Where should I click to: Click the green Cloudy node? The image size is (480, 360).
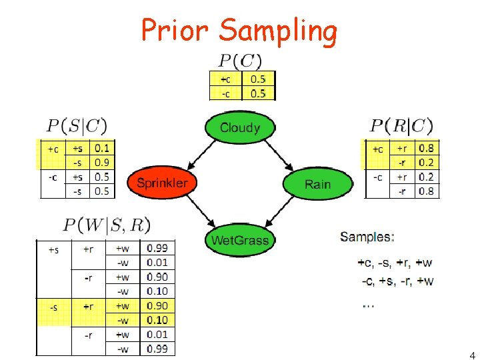pos(239,127)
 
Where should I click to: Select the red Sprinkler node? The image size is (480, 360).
pos(162,183)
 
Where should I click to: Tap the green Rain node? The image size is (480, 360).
pos(317,183)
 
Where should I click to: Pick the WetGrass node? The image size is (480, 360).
pos(239,239)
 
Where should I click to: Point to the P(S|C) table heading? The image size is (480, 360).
pos(77,125)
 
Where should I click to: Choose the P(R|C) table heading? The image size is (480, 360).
pos(401,125)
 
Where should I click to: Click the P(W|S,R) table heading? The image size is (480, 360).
pos(107,225)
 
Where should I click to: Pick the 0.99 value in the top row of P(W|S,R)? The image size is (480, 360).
pos(157,249)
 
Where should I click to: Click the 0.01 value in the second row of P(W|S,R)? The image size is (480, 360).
pos(157,263)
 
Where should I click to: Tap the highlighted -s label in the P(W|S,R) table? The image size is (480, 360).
pos(53,307)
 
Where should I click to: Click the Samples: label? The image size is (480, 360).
pos(367,236)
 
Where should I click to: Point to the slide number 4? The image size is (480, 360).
pos(472,355)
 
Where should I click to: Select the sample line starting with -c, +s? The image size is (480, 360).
pos(398,281)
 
